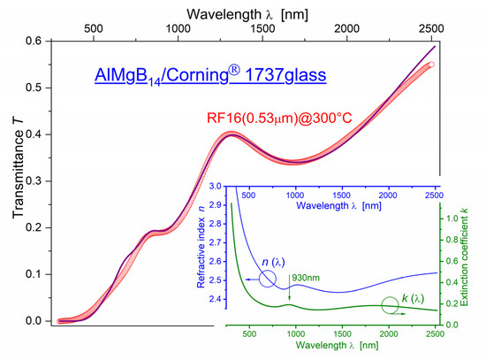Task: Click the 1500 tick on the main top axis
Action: pos(262,28)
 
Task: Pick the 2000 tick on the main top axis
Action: pos(347,28)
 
